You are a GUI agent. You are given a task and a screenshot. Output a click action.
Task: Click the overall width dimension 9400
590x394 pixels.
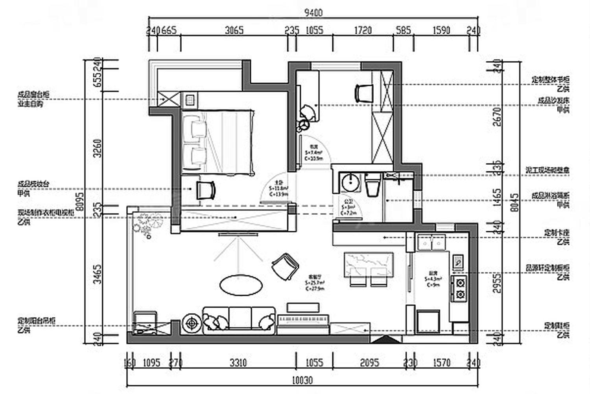coord(313,13)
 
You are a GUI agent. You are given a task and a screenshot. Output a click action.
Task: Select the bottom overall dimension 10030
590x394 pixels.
coord(302,380)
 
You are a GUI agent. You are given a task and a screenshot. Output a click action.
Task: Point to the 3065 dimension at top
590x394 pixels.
coord(234,30)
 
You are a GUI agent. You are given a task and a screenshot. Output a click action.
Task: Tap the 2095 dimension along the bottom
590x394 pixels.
coord(369,362)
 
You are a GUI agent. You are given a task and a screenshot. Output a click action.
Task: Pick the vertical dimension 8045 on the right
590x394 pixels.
coord(514,202)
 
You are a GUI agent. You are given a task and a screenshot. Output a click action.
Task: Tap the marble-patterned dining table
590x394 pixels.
coord(369,264)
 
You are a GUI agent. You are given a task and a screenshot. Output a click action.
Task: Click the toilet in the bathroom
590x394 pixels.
coord(372,185)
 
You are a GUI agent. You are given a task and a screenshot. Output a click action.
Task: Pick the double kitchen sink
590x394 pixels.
coord(431,243)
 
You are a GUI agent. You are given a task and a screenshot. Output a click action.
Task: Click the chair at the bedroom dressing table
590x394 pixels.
coord(206,190)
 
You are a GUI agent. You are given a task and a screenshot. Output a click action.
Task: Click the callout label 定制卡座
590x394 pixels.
coord(556,233)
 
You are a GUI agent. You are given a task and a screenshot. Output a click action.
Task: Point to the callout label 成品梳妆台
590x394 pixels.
coord(33,184)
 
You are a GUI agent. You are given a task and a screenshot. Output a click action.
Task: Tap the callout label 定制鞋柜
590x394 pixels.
coord(556,326)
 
